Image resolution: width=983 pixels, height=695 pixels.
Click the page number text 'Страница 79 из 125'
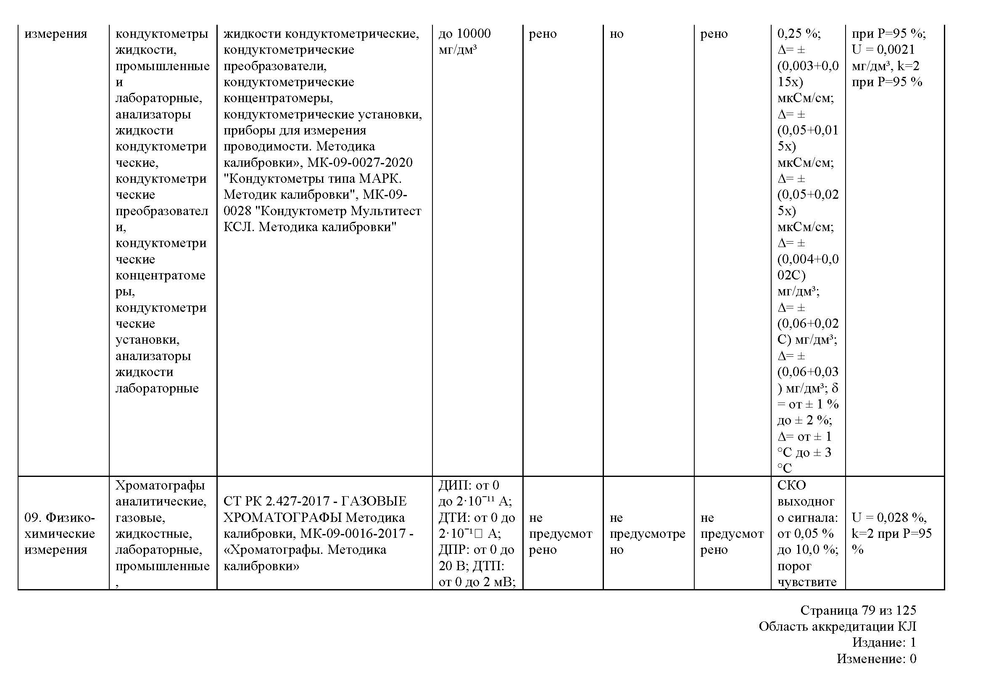click(x=858, y=610)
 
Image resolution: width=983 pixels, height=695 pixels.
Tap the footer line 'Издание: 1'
click(x=884, y=642)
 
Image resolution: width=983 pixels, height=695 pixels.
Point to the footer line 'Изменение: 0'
click(x=876, y=658)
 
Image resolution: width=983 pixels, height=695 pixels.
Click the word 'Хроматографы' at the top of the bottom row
click(x=160, y=485)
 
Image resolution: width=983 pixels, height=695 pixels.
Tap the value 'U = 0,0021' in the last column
click(x=883, y=50)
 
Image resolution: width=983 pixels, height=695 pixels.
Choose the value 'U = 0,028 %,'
click(x=889, y=518)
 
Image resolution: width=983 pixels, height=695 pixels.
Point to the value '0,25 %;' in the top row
click(x=799, y=33)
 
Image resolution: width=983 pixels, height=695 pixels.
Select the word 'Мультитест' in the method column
click(x=386, y=211)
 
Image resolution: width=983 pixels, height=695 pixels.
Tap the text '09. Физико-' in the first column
click(x=60, y=518)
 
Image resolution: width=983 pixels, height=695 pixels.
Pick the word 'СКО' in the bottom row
click(x=792, y=485)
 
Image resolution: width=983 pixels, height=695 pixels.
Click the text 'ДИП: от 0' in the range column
click(x=469, y=485)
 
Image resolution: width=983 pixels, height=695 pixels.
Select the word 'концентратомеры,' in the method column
click(x=278, y=98)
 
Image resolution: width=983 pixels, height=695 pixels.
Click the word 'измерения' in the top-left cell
click(x=55, y=33)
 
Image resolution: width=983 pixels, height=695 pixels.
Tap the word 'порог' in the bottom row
click(x=794, y=566)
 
